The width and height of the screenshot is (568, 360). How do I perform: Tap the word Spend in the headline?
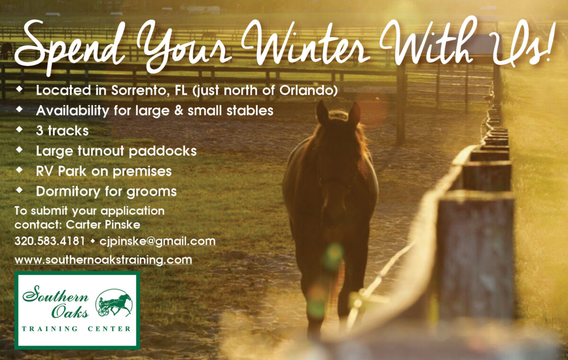pos(70,47)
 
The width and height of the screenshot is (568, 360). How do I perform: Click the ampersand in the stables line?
pos(179,111)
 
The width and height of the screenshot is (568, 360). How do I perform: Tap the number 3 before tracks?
pos(40,131)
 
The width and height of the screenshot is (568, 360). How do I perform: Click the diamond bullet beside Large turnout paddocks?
pos(19,150)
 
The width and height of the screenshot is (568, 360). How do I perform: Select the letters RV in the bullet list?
pos(44,171)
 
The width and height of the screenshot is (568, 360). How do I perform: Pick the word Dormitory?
pos(68,192)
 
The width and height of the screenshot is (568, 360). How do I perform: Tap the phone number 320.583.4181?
pos(50,241)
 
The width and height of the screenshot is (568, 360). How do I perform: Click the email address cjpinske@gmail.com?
pos(158,242)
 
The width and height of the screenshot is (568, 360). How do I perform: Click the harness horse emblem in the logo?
pos(114,303)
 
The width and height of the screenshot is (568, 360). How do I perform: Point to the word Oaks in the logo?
pos(70,312)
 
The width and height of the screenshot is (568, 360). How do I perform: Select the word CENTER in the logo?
pos(109,329)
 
